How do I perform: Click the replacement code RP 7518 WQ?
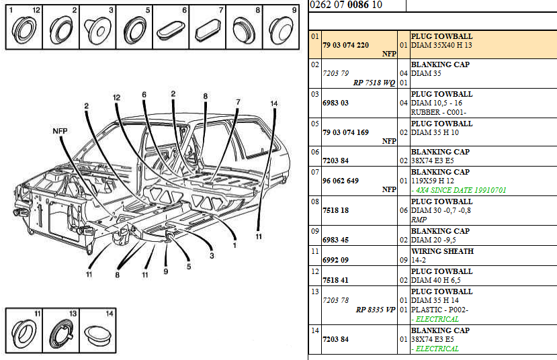click(374, 83)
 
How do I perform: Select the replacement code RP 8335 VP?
click(374, 310)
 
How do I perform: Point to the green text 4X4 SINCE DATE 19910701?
click(460, 190)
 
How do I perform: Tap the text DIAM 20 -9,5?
click(433, 240)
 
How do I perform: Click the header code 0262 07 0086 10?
click(346, 5)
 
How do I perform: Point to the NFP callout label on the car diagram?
click(60, 132)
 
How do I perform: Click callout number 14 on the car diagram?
click(273, 103)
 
